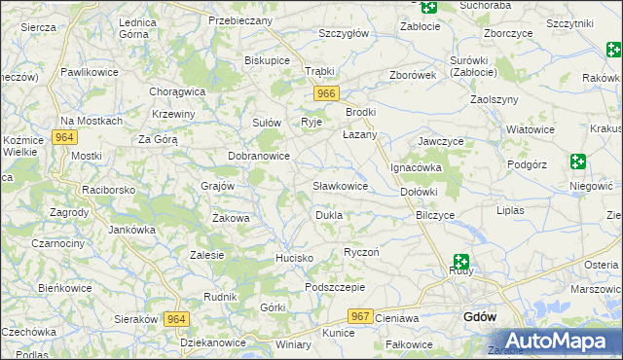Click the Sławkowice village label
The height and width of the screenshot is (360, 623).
[x=340, y=185]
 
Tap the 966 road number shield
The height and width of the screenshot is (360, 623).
[x=326, y=93]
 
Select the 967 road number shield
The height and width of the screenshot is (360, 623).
[x=361, y=316]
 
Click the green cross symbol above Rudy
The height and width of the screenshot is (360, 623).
[x=459, y=262]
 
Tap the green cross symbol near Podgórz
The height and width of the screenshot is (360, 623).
[x=578, y=162]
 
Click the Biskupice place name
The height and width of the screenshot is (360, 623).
[x=268, y=59]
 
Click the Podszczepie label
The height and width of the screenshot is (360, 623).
[x=334, y=287]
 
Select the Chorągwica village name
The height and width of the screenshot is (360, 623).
[x=177, y=91]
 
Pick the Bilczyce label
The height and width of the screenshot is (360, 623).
[x=435, y=214]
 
